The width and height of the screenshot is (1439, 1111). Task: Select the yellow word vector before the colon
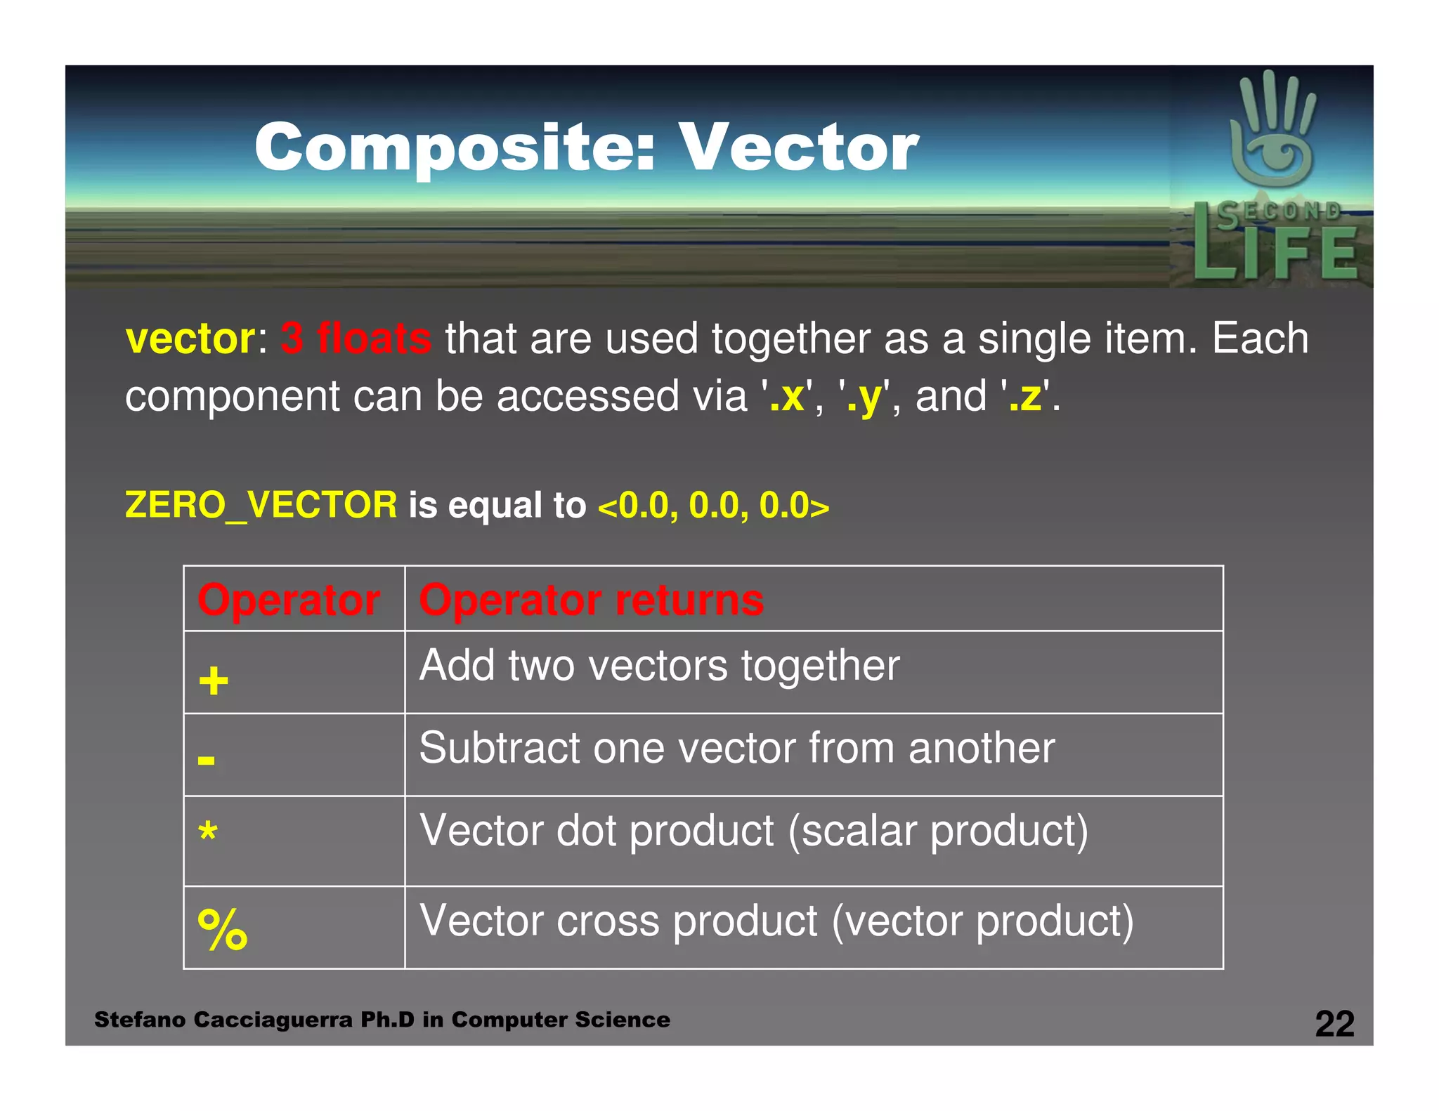(190, 339)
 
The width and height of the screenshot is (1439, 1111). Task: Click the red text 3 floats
(356, 339)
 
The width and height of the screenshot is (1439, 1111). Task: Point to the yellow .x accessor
(787, 397)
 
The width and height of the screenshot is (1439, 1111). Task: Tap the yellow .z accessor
(1025, 397)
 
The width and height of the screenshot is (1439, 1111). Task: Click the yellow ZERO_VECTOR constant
(261, 506)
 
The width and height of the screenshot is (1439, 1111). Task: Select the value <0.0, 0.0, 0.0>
(713, 506)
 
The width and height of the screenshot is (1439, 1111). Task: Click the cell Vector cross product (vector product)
(776, 921)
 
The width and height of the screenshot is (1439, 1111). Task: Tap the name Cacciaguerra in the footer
(273, 1020)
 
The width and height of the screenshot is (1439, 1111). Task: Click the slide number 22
(1334, 1024)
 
